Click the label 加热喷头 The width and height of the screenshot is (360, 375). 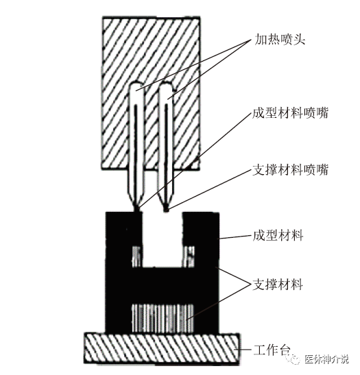[x=280, y=40]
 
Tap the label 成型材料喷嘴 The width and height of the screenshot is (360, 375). [x=290, y=112]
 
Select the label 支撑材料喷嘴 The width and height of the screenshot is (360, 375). [x=290, y=170]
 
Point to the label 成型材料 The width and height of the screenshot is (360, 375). [x=278, y=236]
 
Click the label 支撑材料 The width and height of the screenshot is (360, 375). [x=278, y=285]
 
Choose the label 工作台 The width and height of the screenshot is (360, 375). [x=272, y=350]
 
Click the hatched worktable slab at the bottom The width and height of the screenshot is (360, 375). [x=161, y=348]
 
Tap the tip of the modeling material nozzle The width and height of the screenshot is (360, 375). [x=137, y=210]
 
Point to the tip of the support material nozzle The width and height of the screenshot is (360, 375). [x=166, y=210]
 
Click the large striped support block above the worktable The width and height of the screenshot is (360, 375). [x=163, y=318]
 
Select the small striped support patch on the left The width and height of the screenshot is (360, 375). [x=137, y=256]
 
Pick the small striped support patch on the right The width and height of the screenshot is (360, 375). [x=189, y=256]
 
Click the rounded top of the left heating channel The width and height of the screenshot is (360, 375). [x=137, y=86]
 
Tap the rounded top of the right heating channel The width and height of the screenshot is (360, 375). [x=166, y=86]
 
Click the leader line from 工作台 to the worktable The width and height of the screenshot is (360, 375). [x=244, y=350]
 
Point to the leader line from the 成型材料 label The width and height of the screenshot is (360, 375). [x=235, y=237]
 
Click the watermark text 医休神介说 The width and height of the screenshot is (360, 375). [x=326, y=359]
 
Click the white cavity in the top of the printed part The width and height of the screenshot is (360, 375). [x=163, y=239]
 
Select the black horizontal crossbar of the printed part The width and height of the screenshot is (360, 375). [x=163, y=285]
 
